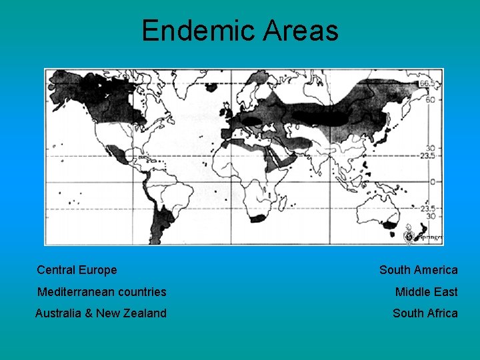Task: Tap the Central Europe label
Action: coord(77,270)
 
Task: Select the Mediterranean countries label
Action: coord(102,292)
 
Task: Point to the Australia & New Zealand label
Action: coord(101,313)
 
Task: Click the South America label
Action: coord(418,270)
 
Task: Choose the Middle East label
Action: coord(426,292)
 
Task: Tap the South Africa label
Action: coord(425,313)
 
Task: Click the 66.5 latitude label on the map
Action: coord(431,83)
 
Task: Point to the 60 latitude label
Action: coord(431,99)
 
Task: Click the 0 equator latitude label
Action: coord(432,181)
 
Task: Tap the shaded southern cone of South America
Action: coord(160,220)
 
